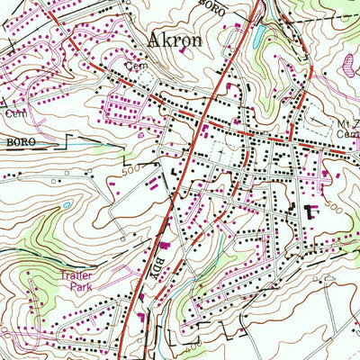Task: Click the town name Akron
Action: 174,41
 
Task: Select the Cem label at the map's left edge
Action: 13,113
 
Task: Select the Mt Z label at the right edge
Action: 347,121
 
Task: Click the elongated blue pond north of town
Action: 259,35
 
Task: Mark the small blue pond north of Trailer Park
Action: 66,206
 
